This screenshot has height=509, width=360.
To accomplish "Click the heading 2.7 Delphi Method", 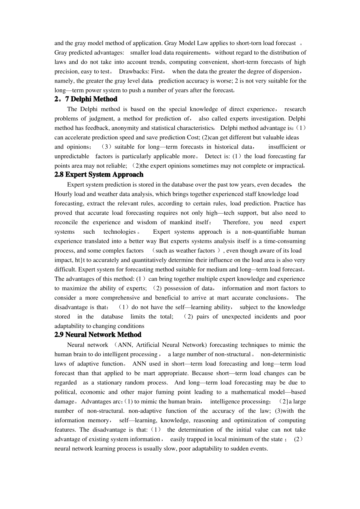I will pyautogui.click(x=86, y=99).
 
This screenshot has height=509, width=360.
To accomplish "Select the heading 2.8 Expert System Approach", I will pyautogui.click(x=99, y=175).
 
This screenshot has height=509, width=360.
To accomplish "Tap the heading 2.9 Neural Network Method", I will pyautogui.click(x=98, y=335).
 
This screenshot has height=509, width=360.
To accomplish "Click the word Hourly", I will pyautogui.click(x=63, y=194).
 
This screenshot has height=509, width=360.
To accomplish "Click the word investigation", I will pyautogui.click(x=265, y=119).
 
